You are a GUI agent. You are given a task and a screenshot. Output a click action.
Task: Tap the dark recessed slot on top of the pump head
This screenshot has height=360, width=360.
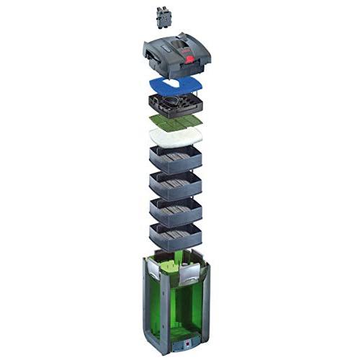(171, 48)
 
